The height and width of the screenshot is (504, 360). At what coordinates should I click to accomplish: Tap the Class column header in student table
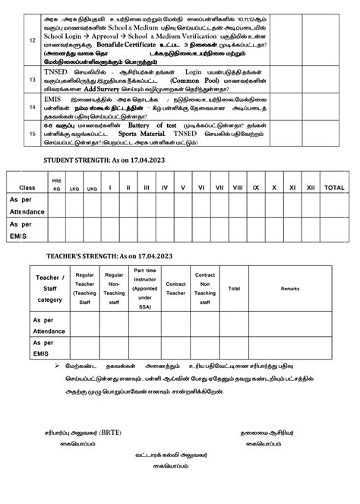pyautogui.click(x=27, y=187)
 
